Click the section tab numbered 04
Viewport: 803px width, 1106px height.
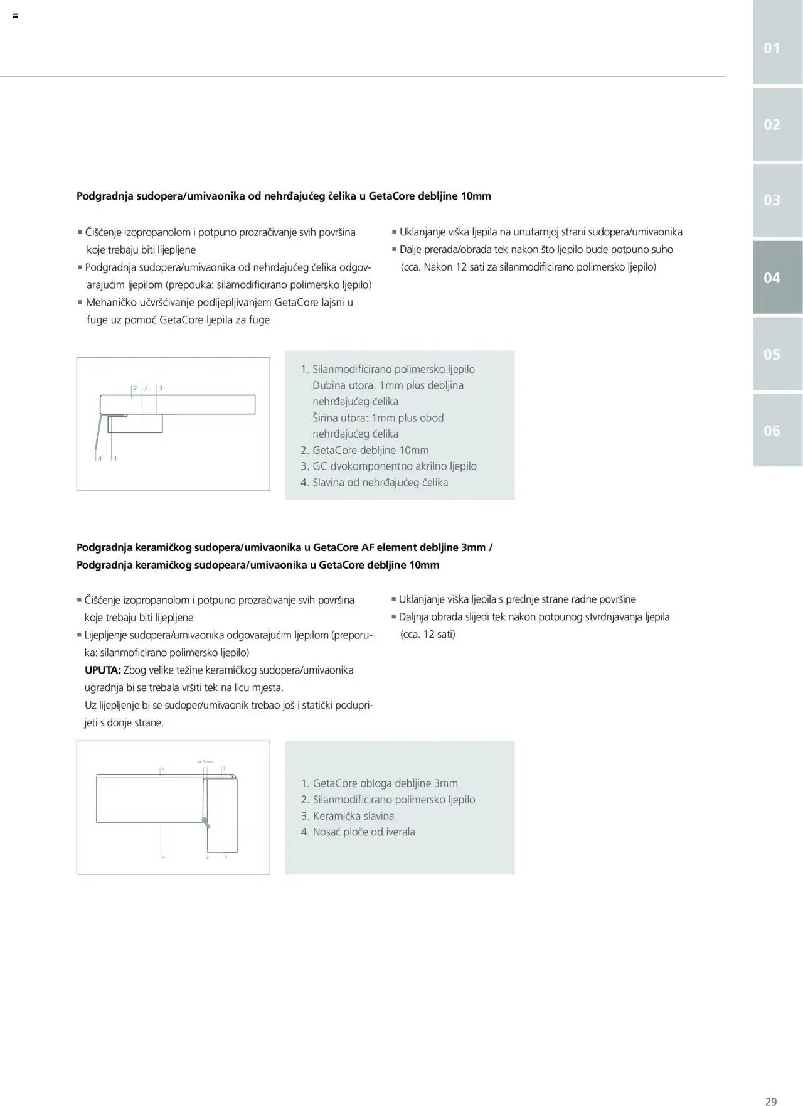[x=772, y=277]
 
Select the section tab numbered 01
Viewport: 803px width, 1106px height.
[x=772, y=48]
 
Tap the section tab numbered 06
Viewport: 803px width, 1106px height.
[x=772, y=431]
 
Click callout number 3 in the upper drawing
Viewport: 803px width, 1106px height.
[x=161, y=388]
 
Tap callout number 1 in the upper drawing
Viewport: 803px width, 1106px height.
[x=115, y=458]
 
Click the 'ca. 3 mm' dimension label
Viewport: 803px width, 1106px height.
[x=205, y=761]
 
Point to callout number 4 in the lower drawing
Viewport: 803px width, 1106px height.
[x=163, y=857]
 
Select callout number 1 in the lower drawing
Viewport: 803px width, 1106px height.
[x=162, y=769]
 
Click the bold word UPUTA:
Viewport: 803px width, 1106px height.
[x=103, y=670]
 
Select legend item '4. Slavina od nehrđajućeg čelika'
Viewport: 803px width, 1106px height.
[x=374, y=482]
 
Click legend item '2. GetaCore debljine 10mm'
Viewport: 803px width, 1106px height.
[x=364, y=449]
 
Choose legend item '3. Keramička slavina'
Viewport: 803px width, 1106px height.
[x=347, y=815]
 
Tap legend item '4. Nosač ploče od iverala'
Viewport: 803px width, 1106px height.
[x=358, y=832]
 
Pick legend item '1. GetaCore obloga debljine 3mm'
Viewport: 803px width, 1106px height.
[x=379, y=783]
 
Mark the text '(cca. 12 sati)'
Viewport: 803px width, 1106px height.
[x=428, y=634]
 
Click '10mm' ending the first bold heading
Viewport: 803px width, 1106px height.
[x=476, y=196]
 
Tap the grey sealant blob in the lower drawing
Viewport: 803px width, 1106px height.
[x=205, y=820]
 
